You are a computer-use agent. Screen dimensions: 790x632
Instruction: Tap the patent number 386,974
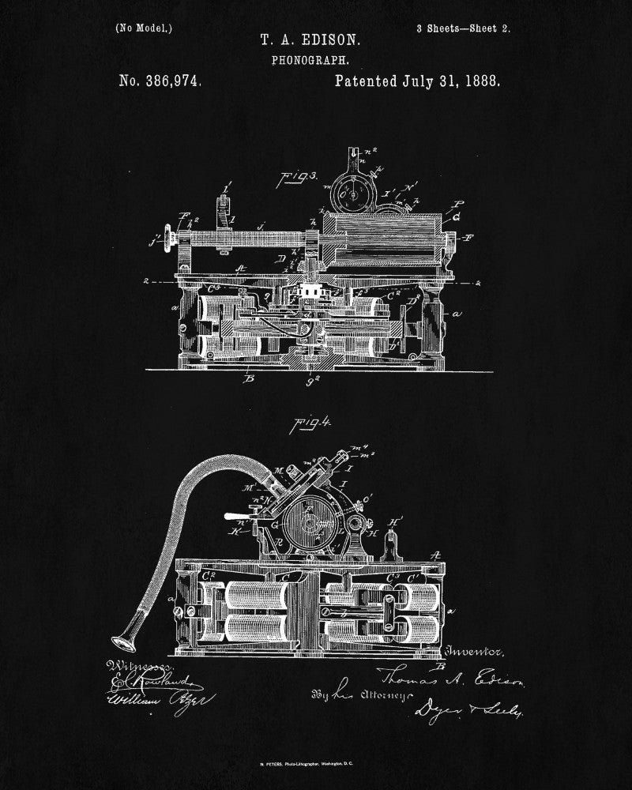pos(160,81)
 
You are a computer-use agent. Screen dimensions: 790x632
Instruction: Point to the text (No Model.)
pos(144,28)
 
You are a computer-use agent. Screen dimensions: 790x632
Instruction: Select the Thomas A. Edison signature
pos(451,676)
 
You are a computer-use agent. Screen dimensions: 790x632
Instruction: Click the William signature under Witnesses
pos(150,698)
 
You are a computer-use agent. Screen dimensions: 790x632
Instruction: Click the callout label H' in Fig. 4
pos(397,521)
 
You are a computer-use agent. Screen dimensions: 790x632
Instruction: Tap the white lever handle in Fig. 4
pos(235,517)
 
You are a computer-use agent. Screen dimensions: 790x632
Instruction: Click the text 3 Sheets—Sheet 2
pos(462,28)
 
